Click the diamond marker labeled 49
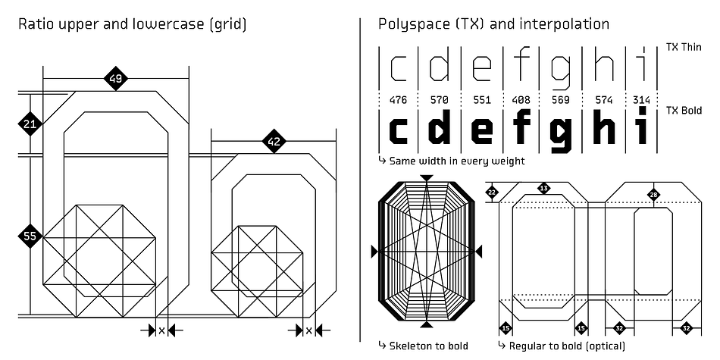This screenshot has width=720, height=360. click(115, 79)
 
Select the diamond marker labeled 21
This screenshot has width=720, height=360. click(30, 124)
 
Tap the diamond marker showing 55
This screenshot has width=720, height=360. click(30, 236)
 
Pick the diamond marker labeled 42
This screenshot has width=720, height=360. click(274, 142)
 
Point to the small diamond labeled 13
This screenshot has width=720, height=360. click(544, 188)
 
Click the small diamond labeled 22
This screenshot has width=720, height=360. click(492, 193)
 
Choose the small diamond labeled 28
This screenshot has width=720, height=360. click(653, 194)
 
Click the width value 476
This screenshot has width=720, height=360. click(398, 100)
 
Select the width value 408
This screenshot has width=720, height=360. click(521, 100)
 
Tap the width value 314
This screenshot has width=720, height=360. click(641, 100)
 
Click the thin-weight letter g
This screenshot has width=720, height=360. click(562, 74)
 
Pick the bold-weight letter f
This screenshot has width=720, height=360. click(521, 125)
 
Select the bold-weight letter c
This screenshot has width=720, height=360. click(399, 130)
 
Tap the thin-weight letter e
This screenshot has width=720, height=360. click(482, 70)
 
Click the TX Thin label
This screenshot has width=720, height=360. click(684, 47)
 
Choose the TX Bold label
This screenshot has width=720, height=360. click(684, 111)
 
